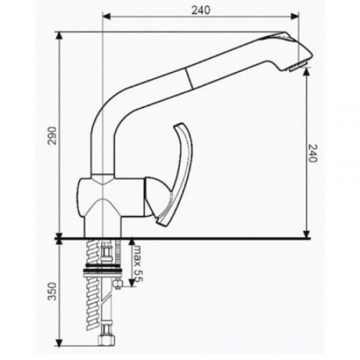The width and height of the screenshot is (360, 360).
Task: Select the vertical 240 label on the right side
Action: (x=312, y=154)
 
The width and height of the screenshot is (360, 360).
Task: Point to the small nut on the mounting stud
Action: (x=118, y=283)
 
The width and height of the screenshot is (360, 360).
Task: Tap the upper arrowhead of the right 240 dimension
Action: (x=306, y=73)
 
